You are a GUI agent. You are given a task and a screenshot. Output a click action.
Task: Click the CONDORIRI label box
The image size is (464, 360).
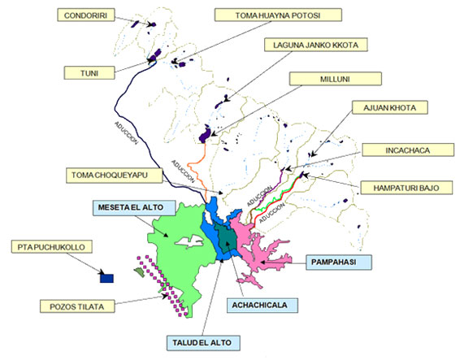pyautogui.click(x=86, y=15)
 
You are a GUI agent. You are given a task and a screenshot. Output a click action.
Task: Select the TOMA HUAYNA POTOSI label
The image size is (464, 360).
pyautogui.click(x=278, y=15)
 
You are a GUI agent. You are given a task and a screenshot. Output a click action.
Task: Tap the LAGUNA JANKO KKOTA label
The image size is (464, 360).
pyautogui.click(x=316, y=45)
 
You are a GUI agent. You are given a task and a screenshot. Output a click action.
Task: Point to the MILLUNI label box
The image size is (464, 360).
pyautogui.click(x=336, y=79)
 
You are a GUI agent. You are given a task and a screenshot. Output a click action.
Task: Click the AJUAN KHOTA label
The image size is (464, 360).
pyautogui.click(x=390, y=107)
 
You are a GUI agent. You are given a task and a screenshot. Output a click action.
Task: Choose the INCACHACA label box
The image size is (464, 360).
pyautogui.click(x=408, y=150)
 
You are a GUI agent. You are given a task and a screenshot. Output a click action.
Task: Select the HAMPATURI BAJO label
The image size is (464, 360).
pyautogui.click(x=406, y=188)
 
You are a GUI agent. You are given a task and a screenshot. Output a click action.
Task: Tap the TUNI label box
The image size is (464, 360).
pyautogui.click(x=89, y=73)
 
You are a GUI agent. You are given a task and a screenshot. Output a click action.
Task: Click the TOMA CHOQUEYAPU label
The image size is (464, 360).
pyautogui.click(x=115, y=176)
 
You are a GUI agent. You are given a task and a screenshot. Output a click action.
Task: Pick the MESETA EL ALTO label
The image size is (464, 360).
pyautogui.click(x=134, y=208)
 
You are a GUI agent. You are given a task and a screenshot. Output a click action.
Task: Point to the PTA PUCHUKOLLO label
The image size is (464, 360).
pyautogui.click(x=51, y=247)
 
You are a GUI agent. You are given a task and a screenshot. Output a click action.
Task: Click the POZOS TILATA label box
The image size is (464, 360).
pyautogui.click(x=77, y=306)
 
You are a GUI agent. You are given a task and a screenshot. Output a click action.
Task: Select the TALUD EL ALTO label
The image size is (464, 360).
pyautogui.click(x=203, y=343)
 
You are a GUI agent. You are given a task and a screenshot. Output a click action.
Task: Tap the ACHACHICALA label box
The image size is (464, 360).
pyautogui.click(x=262, y=306)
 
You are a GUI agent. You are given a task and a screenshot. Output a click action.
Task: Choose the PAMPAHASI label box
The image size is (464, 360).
pyautogui.click(x=339, y=262)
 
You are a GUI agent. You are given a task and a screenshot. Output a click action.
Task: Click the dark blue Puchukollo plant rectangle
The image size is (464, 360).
pyautogui.click(x=106, y=279)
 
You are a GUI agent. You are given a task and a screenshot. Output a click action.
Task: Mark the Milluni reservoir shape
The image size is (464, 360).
pyautogui.click(x=205, y=135)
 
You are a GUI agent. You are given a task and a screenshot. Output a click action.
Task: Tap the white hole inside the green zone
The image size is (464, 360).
pyautogui.click(x=189, y=241)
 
